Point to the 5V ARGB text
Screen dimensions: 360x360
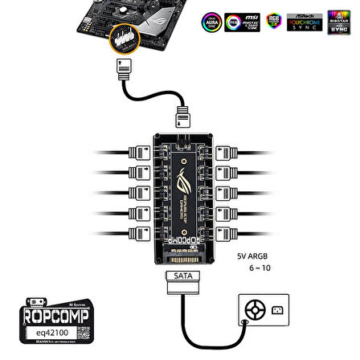click(x=252, y=256)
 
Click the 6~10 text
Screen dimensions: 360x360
click(x=260, y=268)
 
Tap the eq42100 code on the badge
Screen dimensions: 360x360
click(x=46, y=330)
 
